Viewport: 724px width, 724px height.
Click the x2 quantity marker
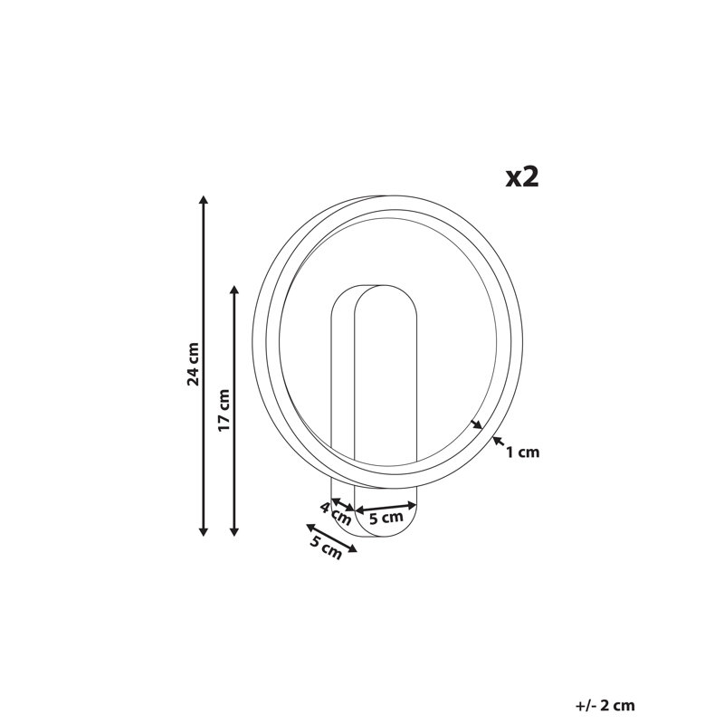point(522,176)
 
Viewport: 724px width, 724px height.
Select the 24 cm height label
point(193,365)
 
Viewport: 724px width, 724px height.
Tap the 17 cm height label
point(224,411)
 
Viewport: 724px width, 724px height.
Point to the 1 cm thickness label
point(523,452)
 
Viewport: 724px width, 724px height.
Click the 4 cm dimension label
point(336,513)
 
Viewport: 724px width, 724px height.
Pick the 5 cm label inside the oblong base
point(386,518)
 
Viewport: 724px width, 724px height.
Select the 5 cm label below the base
point(326,548)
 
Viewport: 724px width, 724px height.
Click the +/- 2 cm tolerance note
point(605,706)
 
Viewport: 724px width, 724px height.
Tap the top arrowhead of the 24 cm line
point(203,199)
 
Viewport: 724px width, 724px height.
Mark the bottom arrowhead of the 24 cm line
point(203,532)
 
